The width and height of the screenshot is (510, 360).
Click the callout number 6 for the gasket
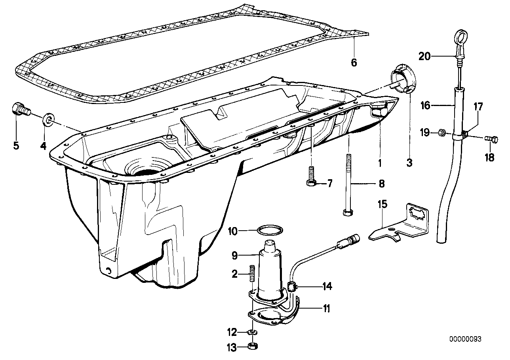pyautogui.click(x=354, y=62)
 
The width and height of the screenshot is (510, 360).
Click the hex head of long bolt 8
pyautogui.click(x=348, y=212)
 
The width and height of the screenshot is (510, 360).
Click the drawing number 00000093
pyautogui.click(x=465, y=339)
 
